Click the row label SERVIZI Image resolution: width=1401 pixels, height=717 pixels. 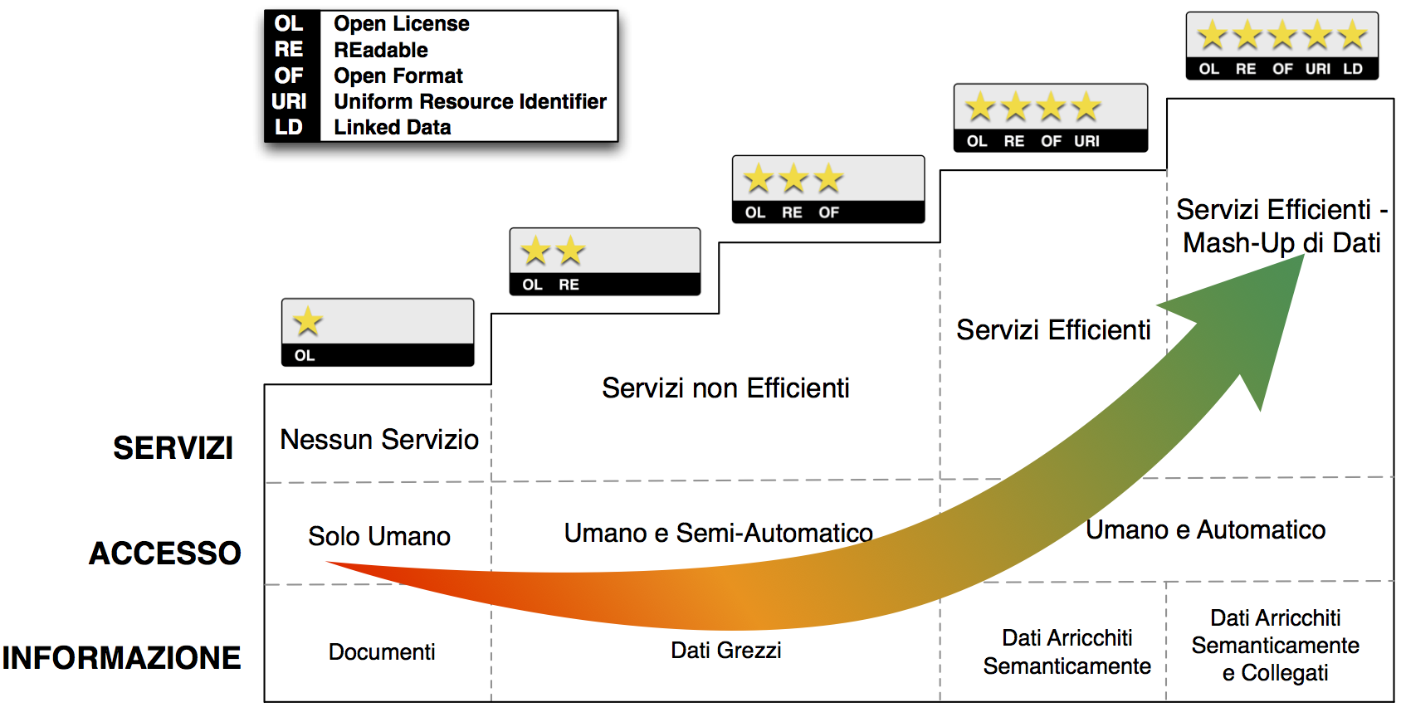pos(173,448)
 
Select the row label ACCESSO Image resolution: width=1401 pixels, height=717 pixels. pos(164,553)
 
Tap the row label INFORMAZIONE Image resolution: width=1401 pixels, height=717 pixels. pos(121,657)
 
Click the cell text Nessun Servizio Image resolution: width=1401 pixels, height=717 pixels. pos(379,439)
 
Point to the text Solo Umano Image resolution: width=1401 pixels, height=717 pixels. pos(379,536)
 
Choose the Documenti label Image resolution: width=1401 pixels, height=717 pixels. pos(382,651)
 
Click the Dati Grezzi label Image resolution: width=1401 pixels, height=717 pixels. pos(726,650)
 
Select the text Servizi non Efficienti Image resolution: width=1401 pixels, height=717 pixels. pos(725,388)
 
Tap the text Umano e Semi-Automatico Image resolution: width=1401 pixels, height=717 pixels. pos(718,533)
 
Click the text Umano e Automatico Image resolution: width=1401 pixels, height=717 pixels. pos(1205,529)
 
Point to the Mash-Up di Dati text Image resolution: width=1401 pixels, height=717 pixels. pos(1281,242)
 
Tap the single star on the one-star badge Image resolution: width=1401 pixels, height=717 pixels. pos(308,321)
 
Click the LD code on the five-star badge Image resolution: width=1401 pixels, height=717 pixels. pos(1353,69)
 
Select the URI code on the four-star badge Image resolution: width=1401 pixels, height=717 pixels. pos(1086,141)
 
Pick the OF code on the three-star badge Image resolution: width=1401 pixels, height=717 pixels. pos(828,212)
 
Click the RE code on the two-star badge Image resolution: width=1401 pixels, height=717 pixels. pos(569,285)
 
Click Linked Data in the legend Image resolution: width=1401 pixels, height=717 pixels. pos(393,127)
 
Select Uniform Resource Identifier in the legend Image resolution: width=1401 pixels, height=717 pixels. pos(470,101)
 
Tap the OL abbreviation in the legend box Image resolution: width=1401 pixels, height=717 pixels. pos(289,23)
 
